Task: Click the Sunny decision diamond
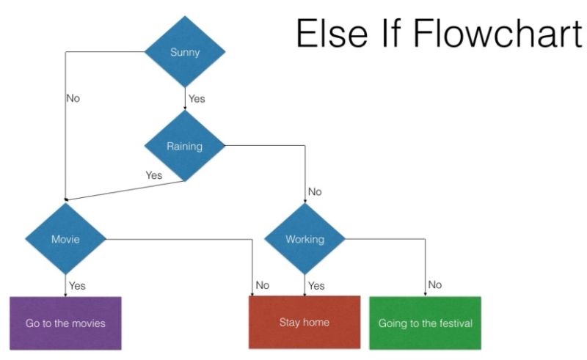tap(184, 52)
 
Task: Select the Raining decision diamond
tap(184, 146)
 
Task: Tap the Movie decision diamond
tap(65, 239)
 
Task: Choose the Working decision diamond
tap(305, 239)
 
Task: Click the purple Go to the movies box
tap(65, 323)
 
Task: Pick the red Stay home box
tap(305, 322)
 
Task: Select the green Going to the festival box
tap(425, 323)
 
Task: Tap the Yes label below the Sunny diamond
tap(197, 98)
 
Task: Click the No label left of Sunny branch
tap(73, 98)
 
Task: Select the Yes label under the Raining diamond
tap(153, 175)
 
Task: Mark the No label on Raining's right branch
tap(315, 192)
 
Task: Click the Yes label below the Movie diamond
tap(77, 285)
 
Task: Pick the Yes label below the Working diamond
tap(316, 285)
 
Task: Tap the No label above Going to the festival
tap(435, 284)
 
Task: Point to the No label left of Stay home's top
tap(262, 285)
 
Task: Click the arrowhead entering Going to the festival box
tap(425, 294)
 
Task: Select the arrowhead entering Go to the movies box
tap(65, 294)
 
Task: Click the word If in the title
tap(385, 34)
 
